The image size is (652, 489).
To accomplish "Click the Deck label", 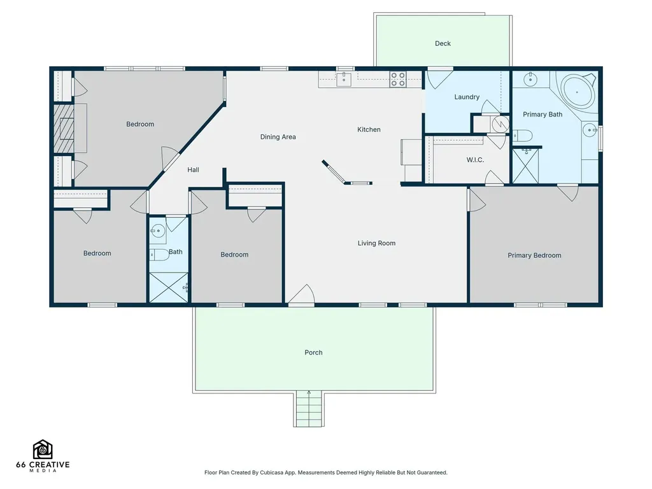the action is click(443, 43).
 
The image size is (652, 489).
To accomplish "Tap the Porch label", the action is click(313, 352).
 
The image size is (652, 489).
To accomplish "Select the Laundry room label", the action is click(467, 97).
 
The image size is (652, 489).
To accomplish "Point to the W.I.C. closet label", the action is click(475, 160).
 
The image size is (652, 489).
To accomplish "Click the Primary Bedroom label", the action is click(534, 255).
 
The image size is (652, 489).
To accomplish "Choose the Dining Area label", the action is click(278, 137).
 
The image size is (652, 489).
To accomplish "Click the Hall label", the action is click(193, 169).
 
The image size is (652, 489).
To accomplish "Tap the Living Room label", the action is click(376, 243).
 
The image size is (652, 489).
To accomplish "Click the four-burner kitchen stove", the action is click(397, 80).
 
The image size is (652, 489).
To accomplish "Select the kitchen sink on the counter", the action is click(344, 79).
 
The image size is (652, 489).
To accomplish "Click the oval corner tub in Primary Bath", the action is click(577, 92).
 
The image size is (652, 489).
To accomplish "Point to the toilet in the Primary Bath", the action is click(522, 135).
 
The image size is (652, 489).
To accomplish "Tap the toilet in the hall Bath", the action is click(159, 254).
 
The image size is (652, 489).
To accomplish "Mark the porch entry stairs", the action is click(309, 409).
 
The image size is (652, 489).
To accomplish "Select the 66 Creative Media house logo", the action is click(43, 450).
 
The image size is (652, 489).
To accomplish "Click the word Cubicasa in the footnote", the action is click(271, 472).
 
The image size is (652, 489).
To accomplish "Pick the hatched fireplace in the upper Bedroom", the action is click(64, 128).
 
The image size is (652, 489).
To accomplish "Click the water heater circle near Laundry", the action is click(500, 124).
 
